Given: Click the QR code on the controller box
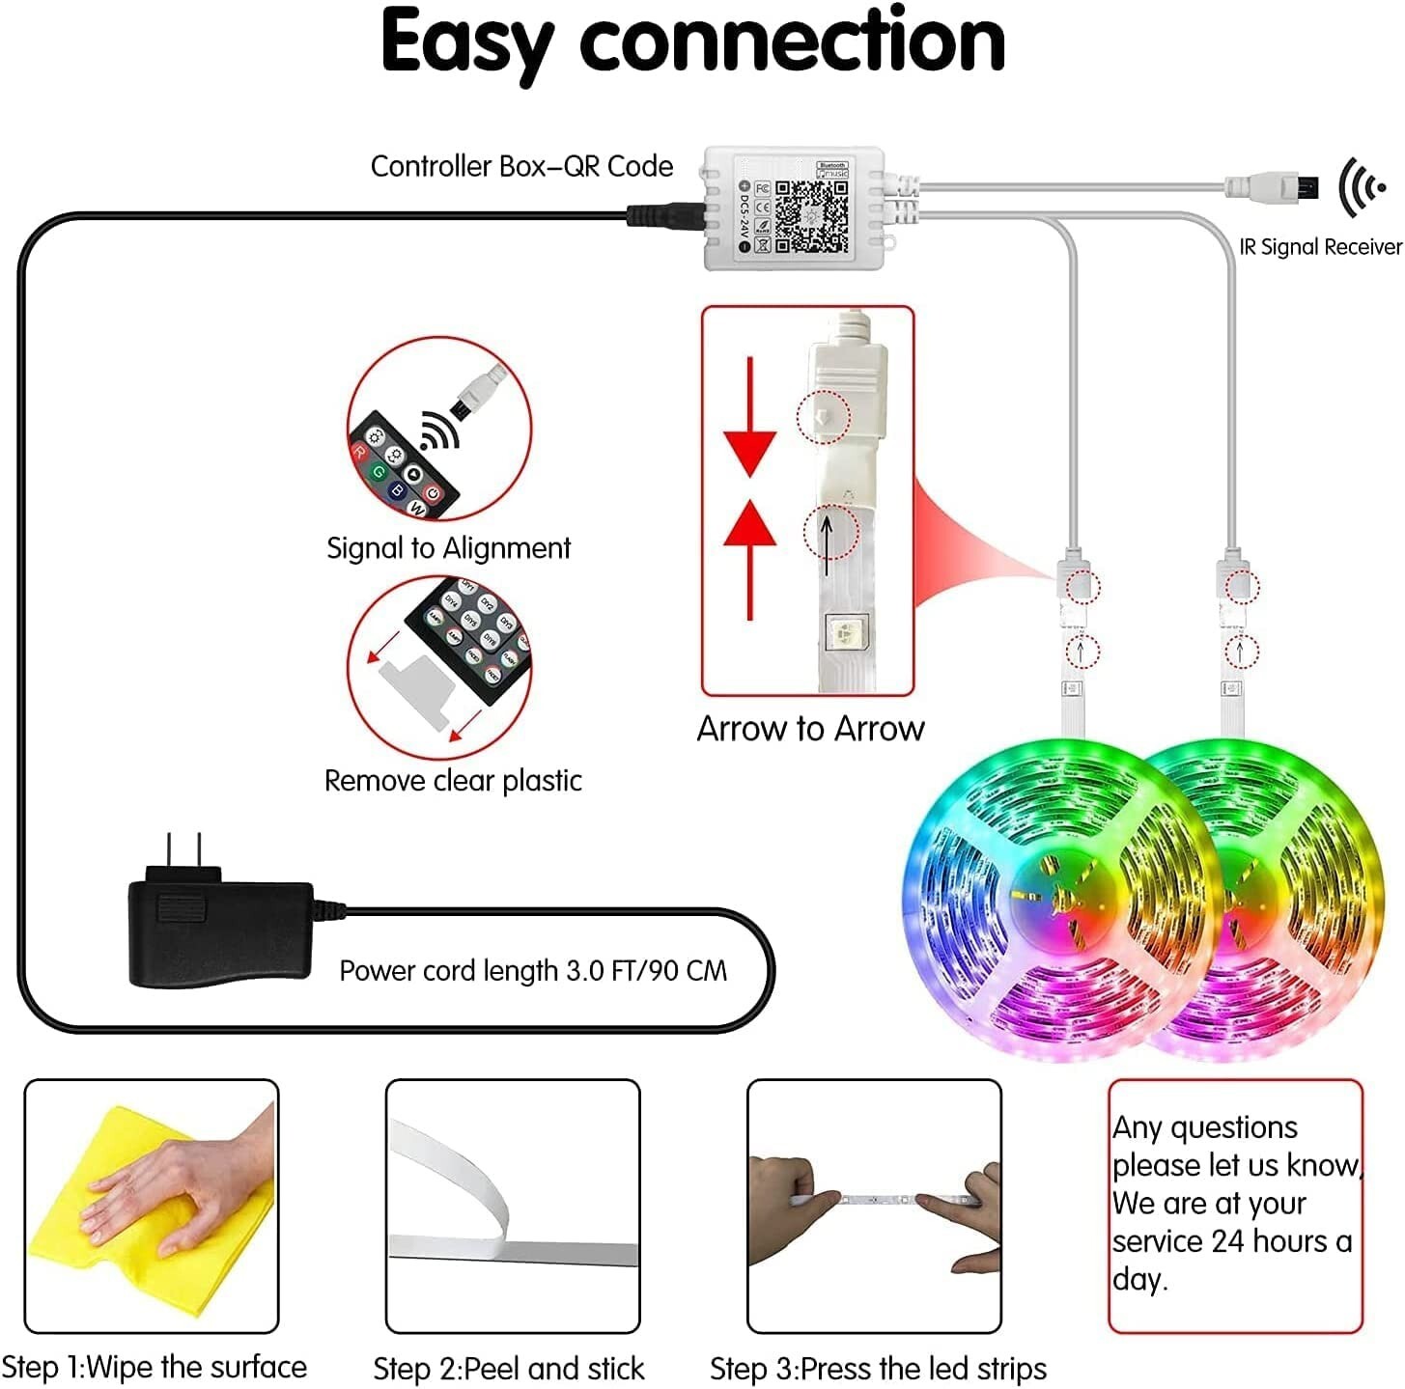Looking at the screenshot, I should tap(812, 216).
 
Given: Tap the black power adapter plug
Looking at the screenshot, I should tap(220, 931).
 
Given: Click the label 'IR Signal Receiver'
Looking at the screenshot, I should tap(1319, 247).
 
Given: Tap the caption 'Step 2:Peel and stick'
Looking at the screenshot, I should tap(508, 1368).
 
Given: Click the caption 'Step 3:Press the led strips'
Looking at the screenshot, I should tap(878, 1368).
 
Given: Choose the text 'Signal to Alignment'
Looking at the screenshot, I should tap(448, 548).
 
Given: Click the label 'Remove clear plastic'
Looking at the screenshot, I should tap(453, 780).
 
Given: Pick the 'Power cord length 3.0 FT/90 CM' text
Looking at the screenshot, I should tap(533, 970).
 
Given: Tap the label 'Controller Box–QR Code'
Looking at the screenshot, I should tap(521, 166).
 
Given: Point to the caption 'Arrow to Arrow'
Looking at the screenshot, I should tap(810, 728).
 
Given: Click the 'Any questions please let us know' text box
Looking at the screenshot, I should tap(1234, 1203).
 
